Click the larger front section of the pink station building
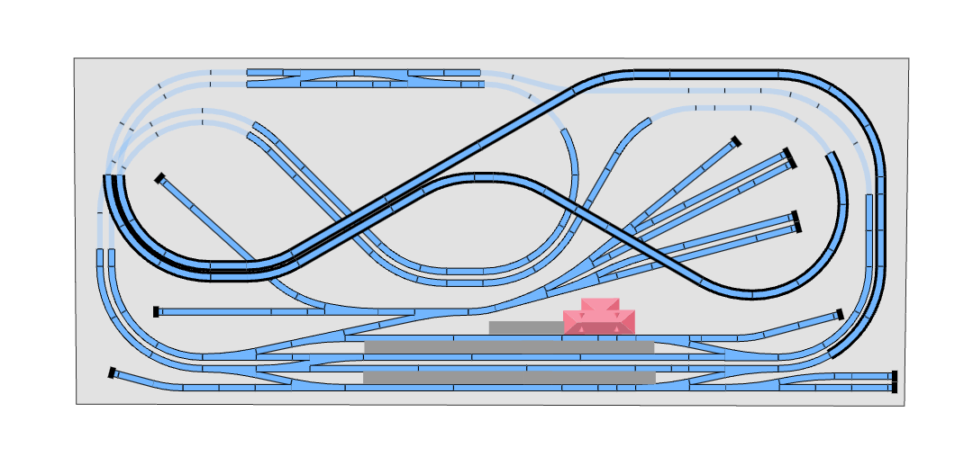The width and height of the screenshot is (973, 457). click(x=599, y=323)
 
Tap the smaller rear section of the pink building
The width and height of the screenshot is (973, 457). click(x=600, y=304)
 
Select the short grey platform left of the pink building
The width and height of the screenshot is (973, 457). click(x=526, y=327)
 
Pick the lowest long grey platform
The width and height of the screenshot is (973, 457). click(x=509, y=377)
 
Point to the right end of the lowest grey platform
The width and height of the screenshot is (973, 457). click(x=653, y=377)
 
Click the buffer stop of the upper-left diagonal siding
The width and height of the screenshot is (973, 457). click(x=159, y=178)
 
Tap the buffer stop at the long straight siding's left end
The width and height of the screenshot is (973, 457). click(x=156, y=311)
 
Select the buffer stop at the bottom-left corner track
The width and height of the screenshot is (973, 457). click(x=112, y=372)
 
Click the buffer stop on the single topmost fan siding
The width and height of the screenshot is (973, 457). click(x=736, y=141)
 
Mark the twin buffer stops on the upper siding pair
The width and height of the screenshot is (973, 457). click(x=789, y=158)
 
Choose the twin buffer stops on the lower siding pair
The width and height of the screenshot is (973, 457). click(x=796, y=221)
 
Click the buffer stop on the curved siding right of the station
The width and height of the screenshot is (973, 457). click(x=840, y=314)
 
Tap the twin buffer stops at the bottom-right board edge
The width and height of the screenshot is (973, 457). click(x=895, y=381)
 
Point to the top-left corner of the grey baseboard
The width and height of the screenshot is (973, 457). click(x=75, y=59)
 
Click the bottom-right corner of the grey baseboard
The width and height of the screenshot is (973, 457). click(x=904, y=405)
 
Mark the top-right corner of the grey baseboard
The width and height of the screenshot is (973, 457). click(x=907, y=59)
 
